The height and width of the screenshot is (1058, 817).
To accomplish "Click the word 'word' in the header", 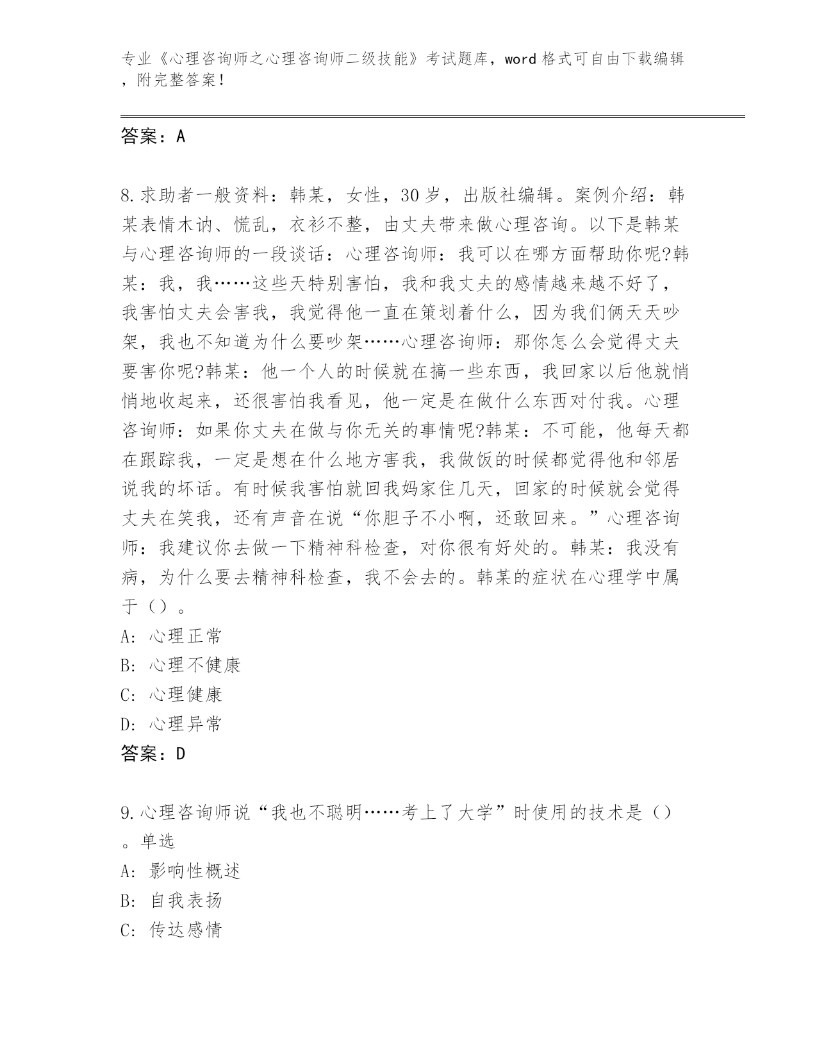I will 520,59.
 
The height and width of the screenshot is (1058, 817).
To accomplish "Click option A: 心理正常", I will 171,636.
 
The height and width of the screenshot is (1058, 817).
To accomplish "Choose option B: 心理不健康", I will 180,665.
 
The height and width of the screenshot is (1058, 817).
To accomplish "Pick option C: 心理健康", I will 171,694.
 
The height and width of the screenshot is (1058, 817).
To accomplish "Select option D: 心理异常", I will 171,724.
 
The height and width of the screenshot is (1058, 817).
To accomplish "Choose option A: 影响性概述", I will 180,871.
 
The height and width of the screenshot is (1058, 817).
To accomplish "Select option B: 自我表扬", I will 171,900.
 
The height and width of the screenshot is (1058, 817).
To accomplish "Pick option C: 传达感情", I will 171,930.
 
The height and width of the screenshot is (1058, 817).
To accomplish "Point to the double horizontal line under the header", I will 433,116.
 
